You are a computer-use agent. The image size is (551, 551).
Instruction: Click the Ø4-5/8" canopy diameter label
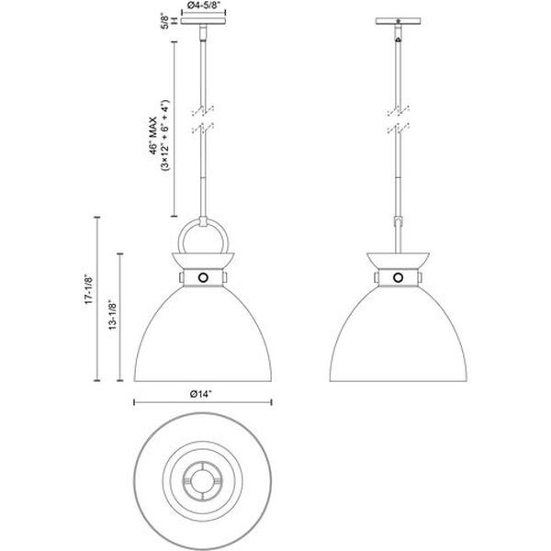coord(202,6)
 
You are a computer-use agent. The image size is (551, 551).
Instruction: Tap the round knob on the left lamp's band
coord(203,276)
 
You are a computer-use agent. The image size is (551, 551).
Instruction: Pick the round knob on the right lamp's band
coord(398,276)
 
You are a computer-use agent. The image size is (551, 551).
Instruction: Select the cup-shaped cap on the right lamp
coord(398,258)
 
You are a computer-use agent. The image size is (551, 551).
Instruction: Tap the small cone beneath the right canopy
coord(398,39)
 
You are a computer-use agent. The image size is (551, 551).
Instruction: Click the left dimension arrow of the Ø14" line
coord(137,402)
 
